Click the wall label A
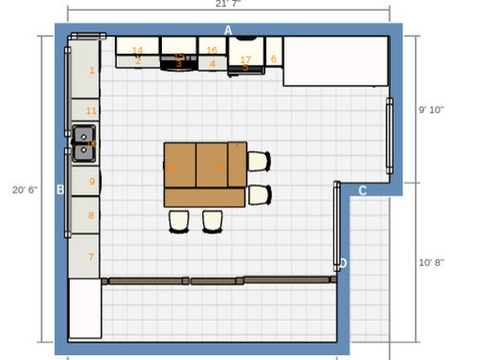coord(228,31)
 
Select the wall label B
coord(60,190)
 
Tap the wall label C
coord(363,191)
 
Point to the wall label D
coord(343,262)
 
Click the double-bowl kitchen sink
coord(83,143)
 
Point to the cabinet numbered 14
coord(138,50)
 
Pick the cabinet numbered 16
coord(212,50)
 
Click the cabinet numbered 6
coord(273,58)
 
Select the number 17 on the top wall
coord(245,59)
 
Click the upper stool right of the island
coord(260,161)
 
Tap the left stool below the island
coord(179,221)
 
